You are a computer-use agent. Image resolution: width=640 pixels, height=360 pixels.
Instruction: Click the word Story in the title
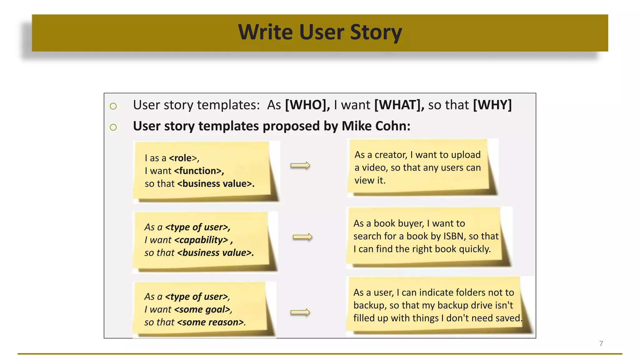[376, 32]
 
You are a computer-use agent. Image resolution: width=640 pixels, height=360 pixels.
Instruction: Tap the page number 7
[601, 343]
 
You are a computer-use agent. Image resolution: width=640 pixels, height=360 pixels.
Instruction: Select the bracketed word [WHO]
[307, 105]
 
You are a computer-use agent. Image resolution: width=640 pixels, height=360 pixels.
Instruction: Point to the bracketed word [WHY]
[492, 105]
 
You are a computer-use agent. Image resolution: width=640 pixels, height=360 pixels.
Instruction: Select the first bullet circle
[113, 106]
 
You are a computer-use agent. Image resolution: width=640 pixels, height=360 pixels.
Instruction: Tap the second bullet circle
[113, 127]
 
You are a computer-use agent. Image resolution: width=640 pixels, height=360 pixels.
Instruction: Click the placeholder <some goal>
[202, 309]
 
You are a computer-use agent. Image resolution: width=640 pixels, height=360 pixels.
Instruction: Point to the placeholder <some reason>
[210, 322]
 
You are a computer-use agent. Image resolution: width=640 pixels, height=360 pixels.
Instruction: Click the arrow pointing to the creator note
[300, 165]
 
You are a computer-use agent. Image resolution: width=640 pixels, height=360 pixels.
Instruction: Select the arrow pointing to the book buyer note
[302, 237]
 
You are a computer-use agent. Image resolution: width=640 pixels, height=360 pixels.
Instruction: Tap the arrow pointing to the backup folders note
[300, 312]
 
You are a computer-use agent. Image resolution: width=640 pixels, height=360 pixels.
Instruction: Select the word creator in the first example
[390, 155]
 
